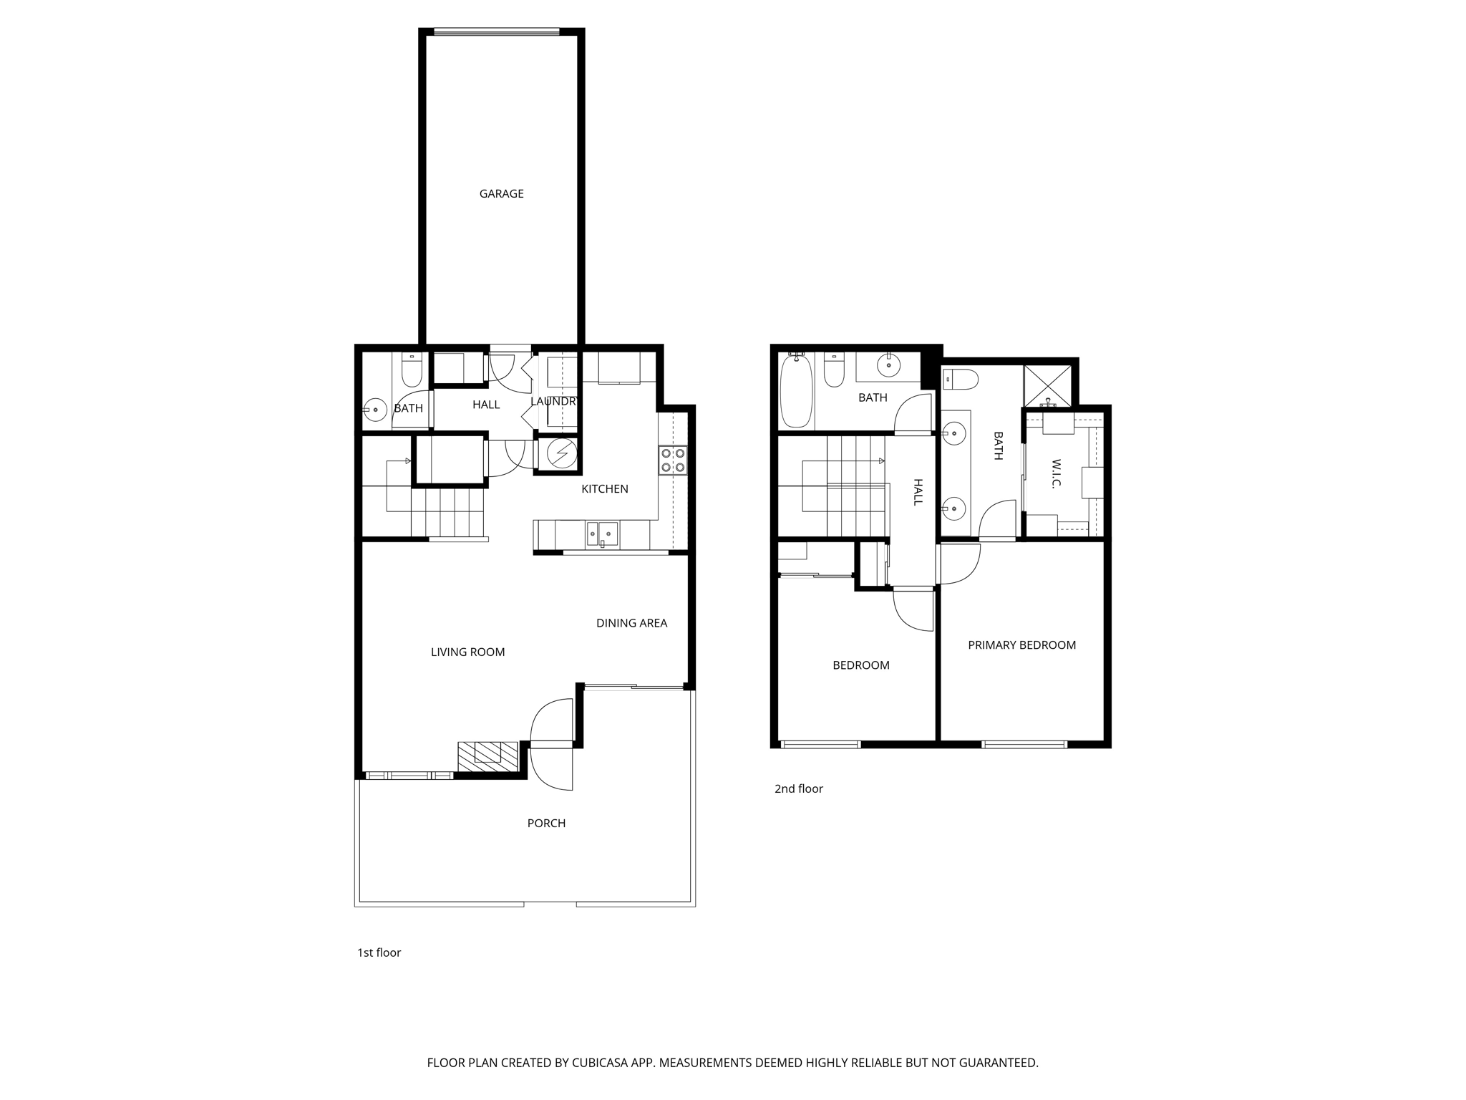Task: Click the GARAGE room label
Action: click(x=501, y=193)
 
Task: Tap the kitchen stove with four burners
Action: click(x=672, y=460)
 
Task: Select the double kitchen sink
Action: click(x=602, y=534)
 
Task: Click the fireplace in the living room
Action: click(x=487, y=756)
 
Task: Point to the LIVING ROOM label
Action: click(x=467, y=652)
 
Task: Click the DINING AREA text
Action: click(x=631, y=623)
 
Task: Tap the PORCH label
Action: click(x=546, y=823)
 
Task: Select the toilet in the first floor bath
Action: click(x=412, y=370)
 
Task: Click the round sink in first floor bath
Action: click(x=374, y=410)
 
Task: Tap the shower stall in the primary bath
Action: click(x=1048, y=387)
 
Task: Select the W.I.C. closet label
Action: click(x=1056, y=473)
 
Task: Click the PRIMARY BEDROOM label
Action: click(x=1021, y=645)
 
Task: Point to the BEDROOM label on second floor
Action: click(x=860, y=665)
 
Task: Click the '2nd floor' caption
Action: click(x=798, y=788)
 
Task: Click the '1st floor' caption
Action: click(x=379, y=952)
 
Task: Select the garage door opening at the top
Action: click(x=497, y=32)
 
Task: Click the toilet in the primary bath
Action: click(x=959, y=379)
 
